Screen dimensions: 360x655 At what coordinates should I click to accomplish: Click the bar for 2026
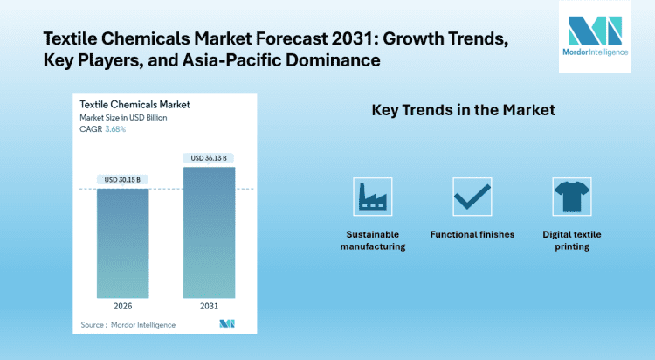point(122,244)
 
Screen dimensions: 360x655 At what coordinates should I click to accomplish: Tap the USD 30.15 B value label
point(122,180)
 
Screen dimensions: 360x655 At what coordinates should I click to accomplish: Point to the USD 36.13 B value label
point(209,158)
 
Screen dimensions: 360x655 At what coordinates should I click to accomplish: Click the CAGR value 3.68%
point(115,129)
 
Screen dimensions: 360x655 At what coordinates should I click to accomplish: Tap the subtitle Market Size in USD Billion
point(123,117)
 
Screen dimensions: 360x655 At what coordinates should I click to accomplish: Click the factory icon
point(373,197)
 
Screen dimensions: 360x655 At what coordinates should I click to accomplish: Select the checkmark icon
point(472,197)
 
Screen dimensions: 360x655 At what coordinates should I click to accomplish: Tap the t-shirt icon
point(572,197)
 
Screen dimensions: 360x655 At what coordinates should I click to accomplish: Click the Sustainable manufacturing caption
point(373,240)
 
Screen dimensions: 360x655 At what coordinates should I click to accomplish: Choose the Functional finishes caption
point(472,234)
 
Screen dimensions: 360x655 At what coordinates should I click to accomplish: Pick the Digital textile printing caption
point(572,240)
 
